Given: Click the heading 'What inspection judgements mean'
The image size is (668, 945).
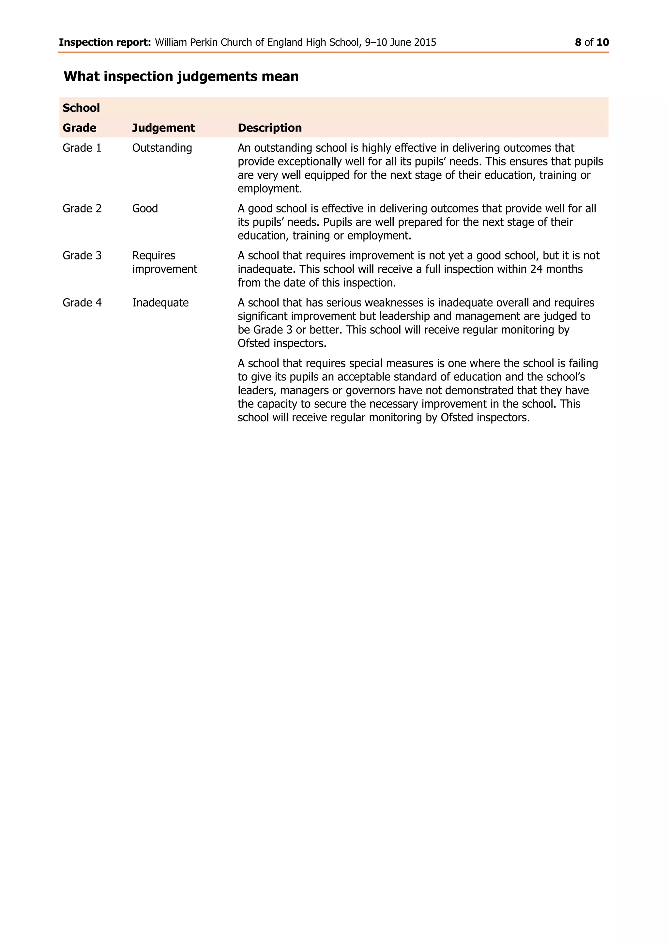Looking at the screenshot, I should [181, 77].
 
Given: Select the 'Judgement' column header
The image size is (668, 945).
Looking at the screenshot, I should [163, 128].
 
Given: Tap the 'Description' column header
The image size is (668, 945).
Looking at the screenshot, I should [269, 128].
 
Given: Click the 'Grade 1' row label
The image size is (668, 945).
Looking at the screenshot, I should [82, 148].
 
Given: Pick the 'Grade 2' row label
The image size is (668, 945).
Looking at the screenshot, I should [82, 209].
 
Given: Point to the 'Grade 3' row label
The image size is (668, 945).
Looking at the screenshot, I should [82, 256].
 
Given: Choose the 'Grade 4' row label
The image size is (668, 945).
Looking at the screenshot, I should [82, 303].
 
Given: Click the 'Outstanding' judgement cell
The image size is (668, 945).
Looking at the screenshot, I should [162, 148].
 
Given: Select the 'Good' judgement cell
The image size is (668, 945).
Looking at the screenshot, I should [145, 209].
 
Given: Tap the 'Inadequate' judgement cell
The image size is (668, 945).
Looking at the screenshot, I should [160, 303].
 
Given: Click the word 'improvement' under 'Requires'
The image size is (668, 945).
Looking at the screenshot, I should [164, 269].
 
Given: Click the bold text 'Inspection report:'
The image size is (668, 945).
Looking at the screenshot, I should [105, 42].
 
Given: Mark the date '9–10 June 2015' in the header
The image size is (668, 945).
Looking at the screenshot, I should [400, 42].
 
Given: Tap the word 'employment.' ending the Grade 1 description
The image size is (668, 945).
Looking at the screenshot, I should [269, 189].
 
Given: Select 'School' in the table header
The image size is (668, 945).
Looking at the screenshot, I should [81, 108].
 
